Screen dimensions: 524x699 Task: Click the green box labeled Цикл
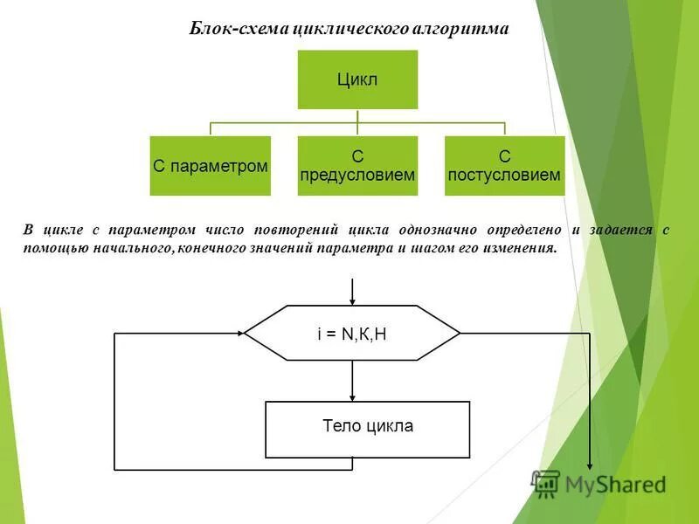click(x=357, y=79)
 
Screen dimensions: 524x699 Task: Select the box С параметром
click(x=210, y=165)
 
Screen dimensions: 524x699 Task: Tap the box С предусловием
click(x=357, y=165)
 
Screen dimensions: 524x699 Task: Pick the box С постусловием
click(x=504, y=165)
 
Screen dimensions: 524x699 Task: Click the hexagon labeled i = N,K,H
click(x=352, y=333)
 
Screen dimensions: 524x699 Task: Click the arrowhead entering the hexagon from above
click(x=352, y=299)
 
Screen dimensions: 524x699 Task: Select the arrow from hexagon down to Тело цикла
click(x=352, y=381)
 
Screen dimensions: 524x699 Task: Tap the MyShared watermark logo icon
click(x=546, y=482)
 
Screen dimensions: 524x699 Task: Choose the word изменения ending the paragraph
click(x=519, y=248)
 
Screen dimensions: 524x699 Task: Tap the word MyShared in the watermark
click(x=615, y=484)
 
